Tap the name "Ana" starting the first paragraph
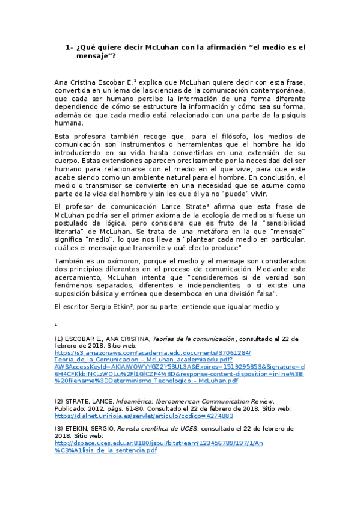point(62,82)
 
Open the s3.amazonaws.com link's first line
point(153,353)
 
